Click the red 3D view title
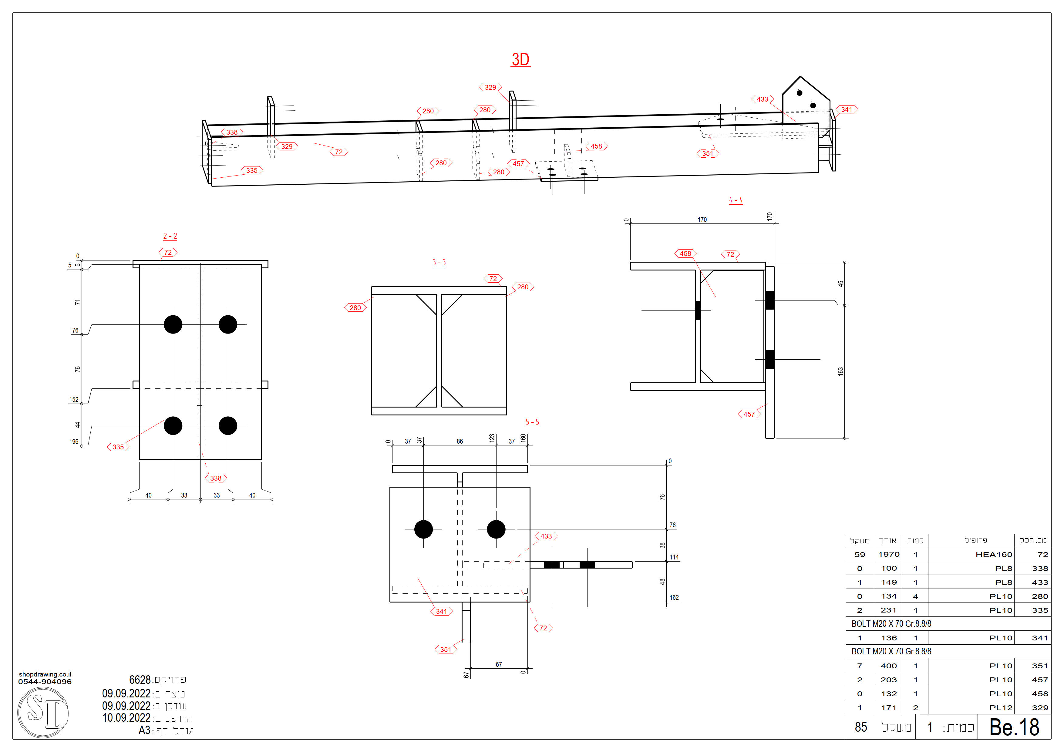pyautogui.click(x=520, y=60)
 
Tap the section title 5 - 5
pyautogui.click(x=532, y=422)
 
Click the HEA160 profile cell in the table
pyautogui.click(x=994, y=555)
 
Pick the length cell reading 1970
pyautogui.click(x=888, y=555)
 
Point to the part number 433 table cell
pyautogui.click(x=1039, y=582)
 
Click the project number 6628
pyautogui.click(x=140, y=680)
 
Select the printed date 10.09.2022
pyautogui.click(x=126, y=718)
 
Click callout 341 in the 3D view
pyautogui.click(x=847, y=110)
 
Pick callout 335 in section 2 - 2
pyautogui.click(x=118, y=447)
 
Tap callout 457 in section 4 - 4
pyautogui.click(x=749, y=414)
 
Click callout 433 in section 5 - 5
pyautogui.click(x=546, y=536)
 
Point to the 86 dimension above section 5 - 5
pyautogui.click(x=460, y=441)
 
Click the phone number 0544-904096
pyautogui.click(x=45, y=682)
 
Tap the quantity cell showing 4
pyautogui.click(x=915, y=596)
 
